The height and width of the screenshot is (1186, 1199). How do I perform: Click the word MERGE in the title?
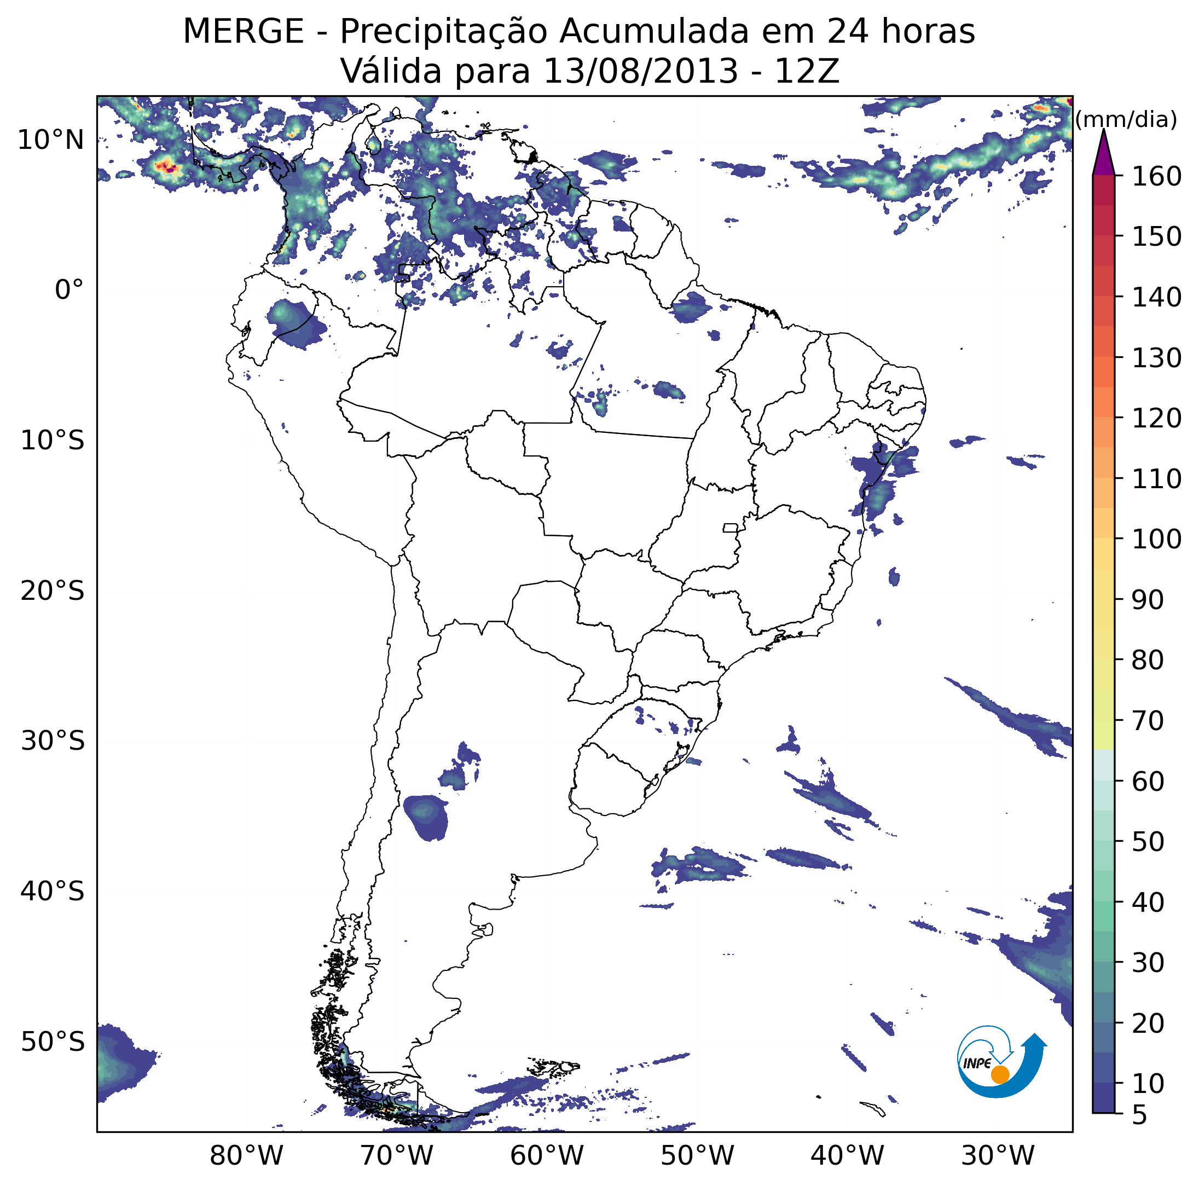tap(244, 32)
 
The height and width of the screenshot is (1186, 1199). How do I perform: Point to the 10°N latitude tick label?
tap(50, 140)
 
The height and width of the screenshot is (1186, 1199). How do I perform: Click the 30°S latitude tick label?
tap(52, 741)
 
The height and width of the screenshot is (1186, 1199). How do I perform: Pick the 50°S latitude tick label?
tap(52, 1042)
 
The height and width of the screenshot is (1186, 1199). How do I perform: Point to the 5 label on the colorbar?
tap(1140, 1116)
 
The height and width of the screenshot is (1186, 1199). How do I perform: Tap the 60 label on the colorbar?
tap(1148, 782)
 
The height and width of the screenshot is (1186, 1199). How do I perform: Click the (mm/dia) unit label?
tap(1126, 119)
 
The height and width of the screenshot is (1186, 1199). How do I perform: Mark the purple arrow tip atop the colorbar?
tap(1103, 130)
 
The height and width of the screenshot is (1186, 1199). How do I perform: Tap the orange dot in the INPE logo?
tap(1000, 1074)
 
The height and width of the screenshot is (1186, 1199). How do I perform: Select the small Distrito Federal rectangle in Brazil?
tap(731, 528)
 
